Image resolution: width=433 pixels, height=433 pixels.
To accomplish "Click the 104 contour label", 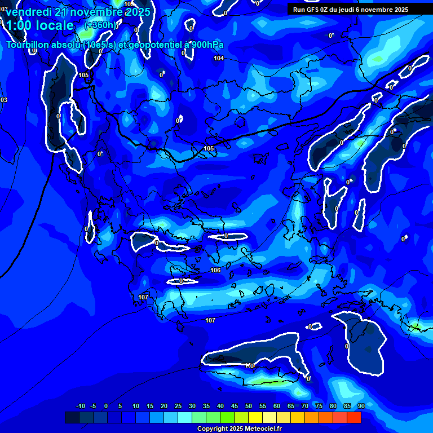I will tap(219, 59).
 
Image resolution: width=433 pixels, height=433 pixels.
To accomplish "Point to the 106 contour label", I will tap(215, 271).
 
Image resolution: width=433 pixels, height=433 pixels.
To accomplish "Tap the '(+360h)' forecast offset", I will tap(101, 25).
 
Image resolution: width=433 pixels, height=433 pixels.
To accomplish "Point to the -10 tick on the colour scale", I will tap(80, 407).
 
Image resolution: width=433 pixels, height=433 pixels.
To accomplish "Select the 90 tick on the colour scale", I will tap(361, 407).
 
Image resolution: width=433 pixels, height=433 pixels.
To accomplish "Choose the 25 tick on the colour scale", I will tap(178, 407).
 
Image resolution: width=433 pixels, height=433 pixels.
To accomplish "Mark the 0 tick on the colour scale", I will tap(106, 407).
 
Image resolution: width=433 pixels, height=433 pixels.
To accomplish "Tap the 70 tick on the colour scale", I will tap(305, 407).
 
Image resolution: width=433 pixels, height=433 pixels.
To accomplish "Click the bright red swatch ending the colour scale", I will tap(354, 418).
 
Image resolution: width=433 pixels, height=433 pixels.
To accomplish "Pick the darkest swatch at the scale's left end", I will tap(72, 418).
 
